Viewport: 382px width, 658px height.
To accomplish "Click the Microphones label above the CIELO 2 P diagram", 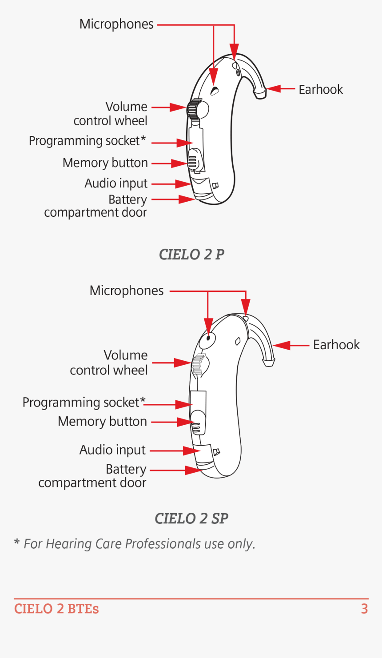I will tap(116, 24).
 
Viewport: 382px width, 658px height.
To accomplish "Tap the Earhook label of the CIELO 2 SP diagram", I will tap(336, 345).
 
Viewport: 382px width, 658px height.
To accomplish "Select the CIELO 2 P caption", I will tap(191, 255).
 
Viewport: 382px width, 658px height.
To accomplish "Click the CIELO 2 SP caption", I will tap(191, 518).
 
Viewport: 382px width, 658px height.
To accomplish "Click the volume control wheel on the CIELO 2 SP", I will tap(198, 365).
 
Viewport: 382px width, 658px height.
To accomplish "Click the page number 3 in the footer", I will tap(364, 609).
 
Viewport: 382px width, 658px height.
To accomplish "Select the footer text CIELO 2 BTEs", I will tap(56, 609).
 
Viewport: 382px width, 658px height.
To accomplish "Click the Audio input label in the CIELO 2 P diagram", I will tap(116, 183).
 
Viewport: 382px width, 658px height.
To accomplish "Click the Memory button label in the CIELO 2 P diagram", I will tap(105, 163).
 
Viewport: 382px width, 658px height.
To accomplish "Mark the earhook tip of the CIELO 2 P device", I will tap(260, 93).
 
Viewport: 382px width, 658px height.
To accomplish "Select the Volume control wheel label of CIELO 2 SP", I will tap(109, 363).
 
